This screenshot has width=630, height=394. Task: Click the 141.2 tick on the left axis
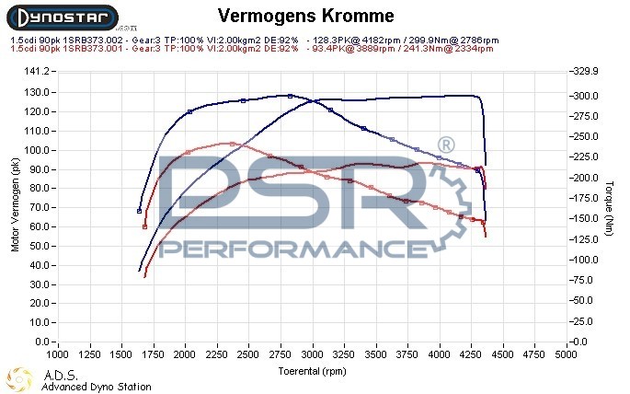point(36,71)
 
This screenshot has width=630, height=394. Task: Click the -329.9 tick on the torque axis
point(586,71)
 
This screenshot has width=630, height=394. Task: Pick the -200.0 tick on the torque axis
point(586,177)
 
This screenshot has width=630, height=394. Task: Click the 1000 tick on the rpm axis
point(58,353)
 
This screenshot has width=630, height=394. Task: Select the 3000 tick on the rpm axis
point(313,353)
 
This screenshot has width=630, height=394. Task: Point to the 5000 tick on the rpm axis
point(567,353)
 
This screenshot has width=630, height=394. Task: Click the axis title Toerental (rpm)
point(314,370)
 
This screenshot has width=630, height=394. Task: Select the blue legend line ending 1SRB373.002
point(254,40)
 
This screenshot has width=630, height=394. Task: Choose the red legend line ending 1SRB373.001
point(254,48)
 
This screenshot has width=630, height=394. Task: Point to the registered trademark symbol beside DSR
point(445,145)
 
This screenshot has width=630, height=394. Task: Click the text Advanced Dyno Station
point(96,387)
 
